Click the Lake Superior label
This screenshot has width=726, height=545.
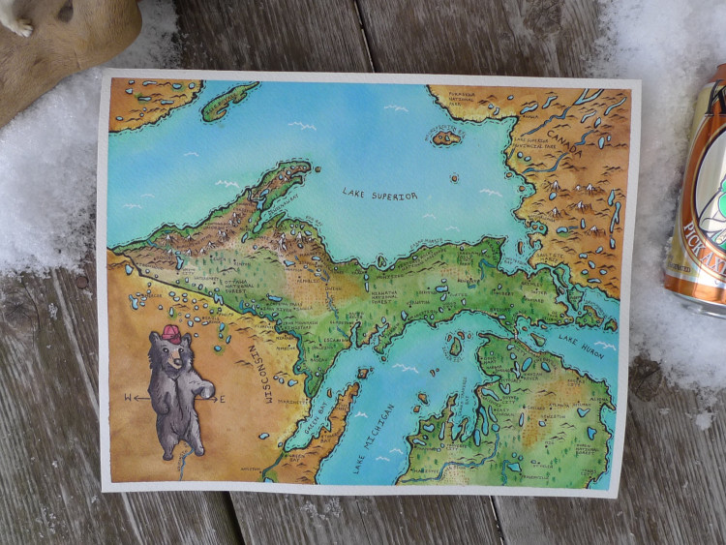pyautogui.click(x=379, y=196)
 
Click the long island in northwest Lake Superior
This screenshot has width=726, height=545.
pyautogui.click(x=230, y=99)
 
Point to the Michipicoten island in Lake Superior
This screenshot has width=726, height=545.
pyautogui.click(x=446, y=137)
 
